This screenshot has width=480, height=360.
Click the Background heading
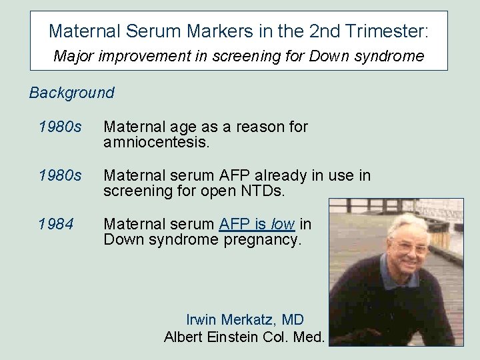pos(71,93)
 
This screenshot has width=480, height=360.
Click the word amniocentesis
pos(157,143)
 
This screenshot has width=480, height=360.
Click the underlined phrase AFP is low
pos(257,225)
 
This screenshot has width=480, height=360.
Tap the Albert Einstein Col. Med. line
pos(244,337)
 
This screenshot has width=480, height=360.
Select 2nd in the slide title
pos(321,31)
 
